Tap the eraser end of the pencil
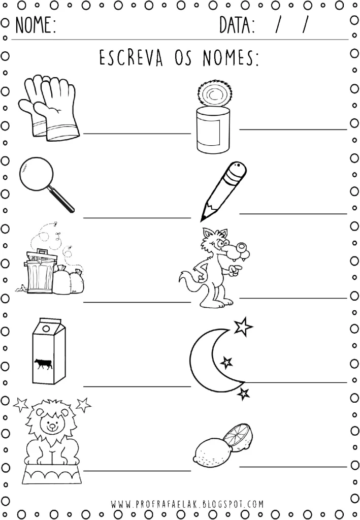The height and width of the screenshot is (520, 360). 238,169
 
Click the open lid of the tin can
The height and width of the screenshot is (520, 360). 212,93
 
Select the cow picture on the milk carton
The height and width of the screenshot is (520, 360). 43,364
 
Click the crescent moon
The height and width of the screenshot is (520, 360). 206,361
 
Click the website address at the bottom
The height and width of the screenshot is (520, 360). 187,504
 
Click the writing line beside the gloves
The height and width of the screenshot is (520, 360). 137,134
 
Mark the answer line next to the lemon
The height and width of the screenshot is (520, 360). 292,466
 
